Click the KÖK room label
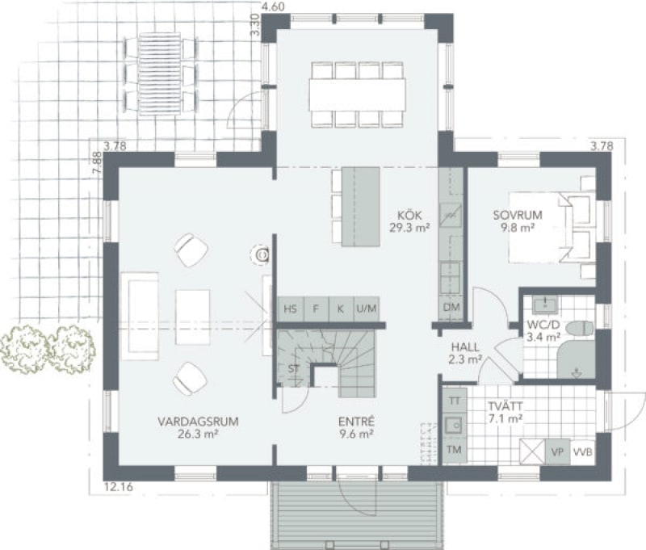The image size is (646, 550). [409, 215]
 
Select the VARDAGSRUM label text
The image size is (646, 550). [198, 422]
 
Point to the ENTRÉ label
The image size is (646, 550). [356, 422]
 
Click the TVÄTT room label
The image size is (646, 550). [505, 405]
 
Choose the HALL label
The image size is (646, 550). [465, 346]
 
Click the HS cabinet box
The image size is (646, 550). [291, 309]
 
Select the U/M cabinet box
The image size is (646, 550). [367, 309]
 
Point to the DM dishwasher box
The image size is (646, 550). [451, 308]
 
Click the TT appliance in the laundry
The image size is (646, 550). [455, 401]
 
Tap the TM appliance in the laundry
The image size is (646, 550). [455, 450]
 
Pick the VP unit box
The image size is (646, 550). [557, 452]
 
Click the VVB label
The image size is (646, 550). [583, 452]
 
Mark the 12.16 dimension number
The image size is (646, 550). [119, 487]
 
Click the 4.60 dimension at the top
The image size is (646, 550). [274, 6]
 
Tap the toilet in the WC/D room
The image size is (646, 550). [580, 329]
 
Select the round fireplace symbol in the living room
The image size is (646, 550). [262, 255]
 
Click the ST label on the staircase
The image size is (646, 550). [294, 369]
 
